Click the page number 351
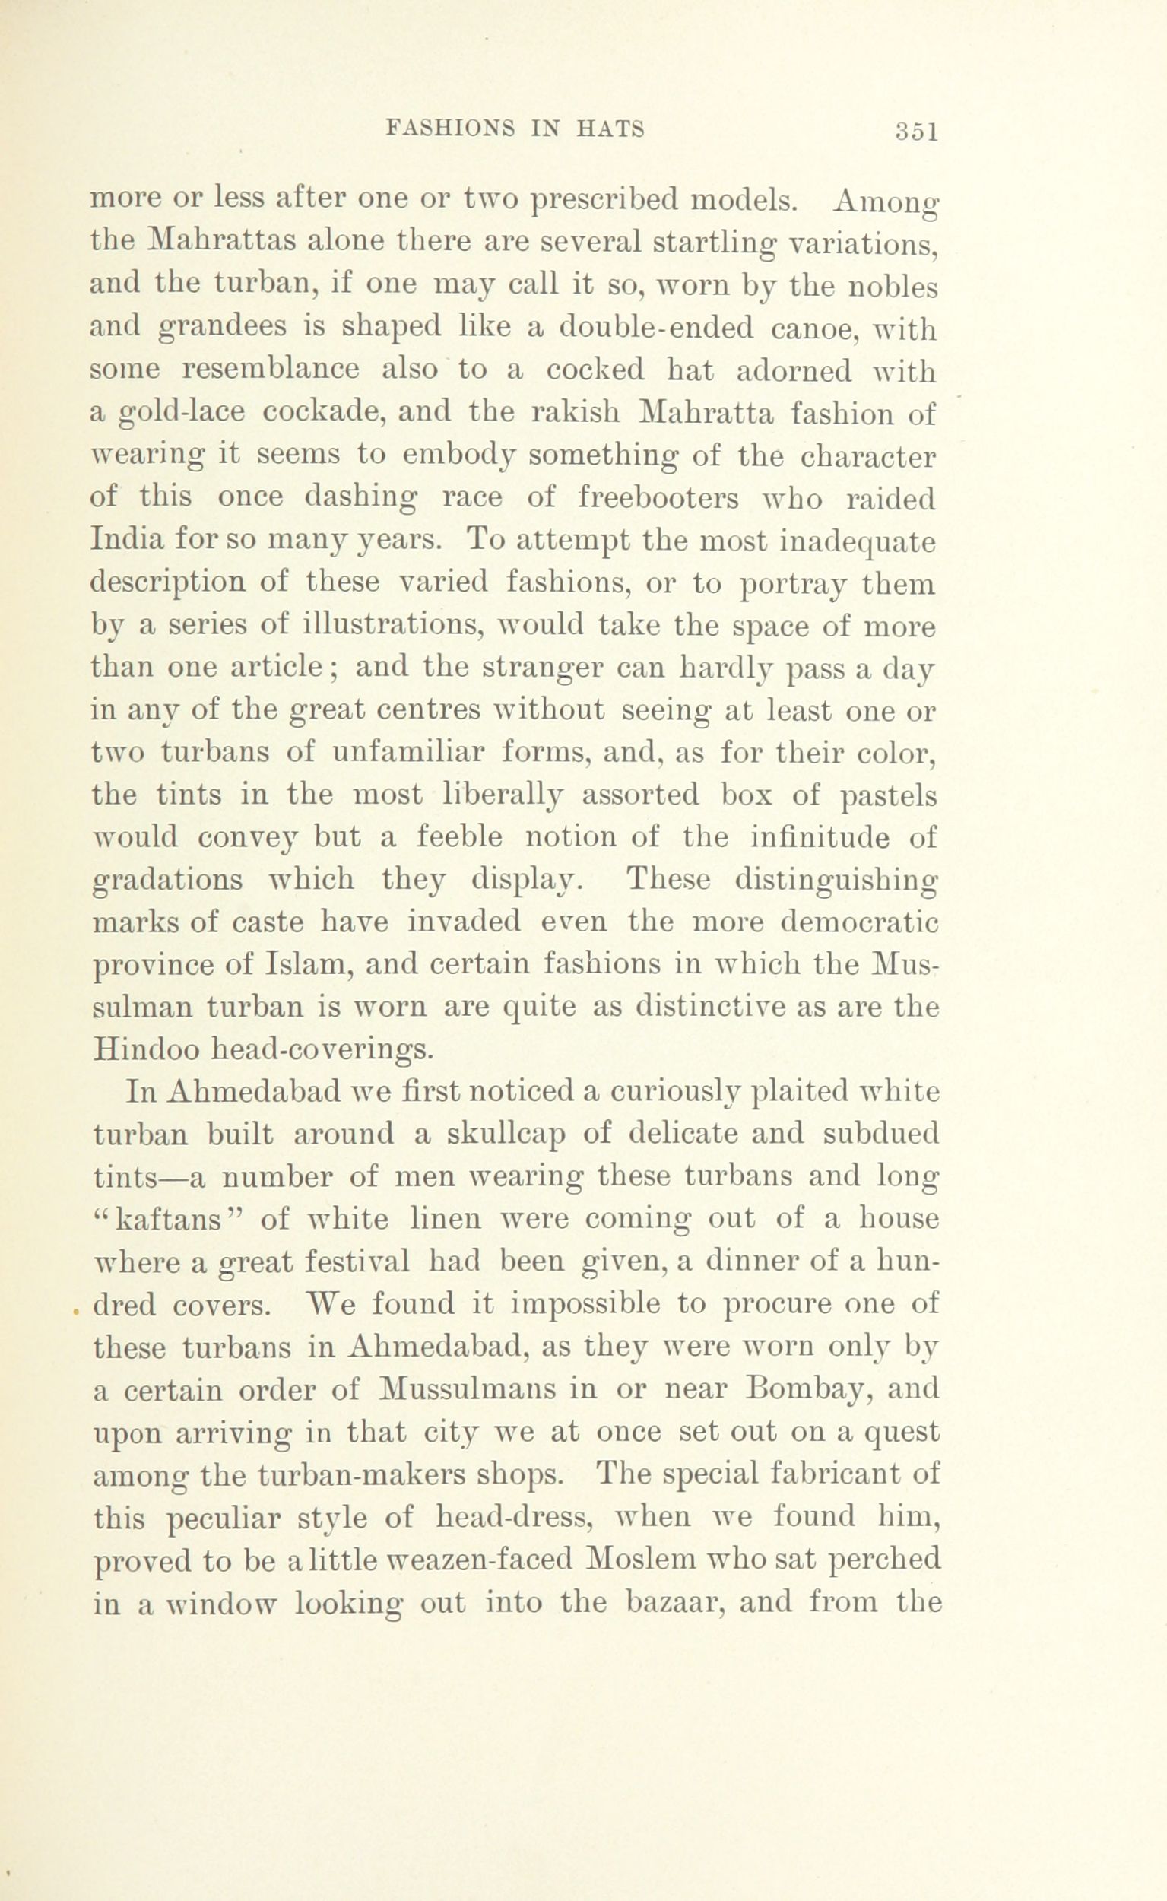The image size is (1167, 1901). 915,132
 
